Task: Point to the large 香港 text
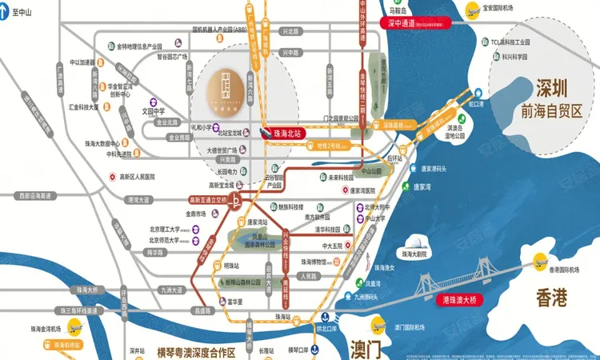(553, 299)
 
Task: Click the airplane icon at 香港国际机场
(540, 260)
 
